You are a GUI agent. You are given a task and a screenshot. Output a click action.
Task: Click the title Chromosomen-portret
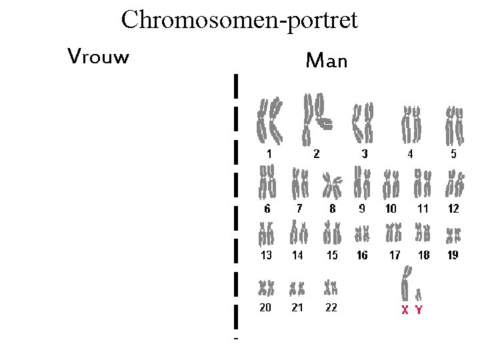pos(239,19)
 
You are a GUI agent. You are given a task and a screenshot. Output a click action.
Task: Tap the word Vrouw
pos(98,56)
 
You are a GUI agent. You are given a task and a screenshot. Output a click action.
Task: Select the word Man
pos(326,62)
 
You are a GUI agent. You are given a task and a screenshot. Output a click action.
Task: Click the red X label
pos(405,309)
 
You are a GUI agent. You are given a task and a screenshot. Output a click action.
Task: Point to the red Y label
pos(419,309)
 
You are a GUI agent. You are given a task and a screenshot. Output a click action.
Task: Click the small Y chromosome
pos(419,293)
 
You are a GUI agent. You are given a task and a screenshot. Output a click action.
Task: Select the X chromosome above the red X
pos(405,283)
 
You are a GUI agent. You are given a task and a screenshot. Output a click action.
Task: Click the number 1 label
pos(269,153)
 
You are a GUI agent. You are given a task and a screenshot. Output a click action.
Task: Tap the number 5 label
pos(453,154)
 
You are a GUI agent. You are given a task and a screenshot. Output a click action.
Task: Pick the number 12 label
pos(453,209)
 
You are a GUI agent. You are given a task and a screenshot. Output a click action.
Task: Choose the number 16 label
pos(362,255)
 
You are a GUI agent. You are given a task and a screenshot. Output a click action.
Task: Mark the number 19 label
pos(453,255)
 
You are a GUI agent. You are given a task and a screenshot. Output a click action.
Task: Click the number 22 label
pos(331,307)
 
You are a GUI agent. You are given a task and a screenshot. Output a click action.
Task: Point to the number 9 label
pos(362,209)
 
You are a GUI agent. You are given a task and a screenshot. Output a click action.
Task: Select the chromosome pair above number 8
pos(331,185)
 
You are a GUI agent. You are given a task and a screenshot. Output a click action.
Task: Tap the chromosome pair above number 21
pos(297,289)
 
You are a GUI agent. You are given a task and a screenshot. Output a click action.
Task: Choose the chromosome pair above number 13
pos(267,234)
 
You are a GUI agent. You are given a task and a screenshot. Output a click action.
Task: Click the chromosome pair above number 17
pos(394,233)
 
